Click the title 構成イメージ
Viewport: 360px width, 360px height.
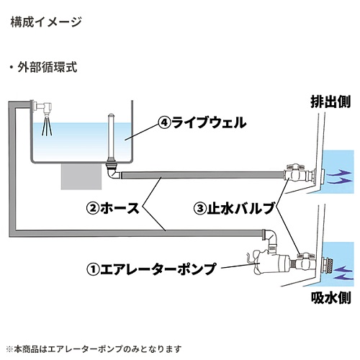[x=46, y=22]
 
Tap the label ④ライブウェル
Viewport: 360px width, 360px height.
[x=202, y=122]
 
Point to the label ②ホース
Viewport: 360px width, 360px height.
[x=113, y=208]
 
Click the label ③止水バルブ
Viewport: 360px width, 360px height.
[x=235, y=208]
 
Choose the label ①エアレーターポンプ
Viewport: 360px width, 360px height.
[x=151, y=269]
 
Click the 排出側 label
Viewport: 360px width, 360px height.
[x=330, y=102]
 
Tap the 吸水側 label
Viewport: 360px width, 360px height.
[x=331, y=297]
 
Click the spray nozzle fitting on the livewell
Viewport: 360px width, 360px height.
[x=45, y=107]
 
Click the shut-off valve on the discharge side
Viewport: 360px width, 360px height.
[x=295, y=174]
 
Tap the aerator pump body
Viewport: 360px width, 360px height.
[x=268, y=262]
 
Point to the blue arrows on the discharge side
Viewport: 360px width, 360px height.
[x=338, y=176]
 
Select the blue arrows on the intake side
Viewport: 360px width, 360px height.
[x=343, y=272]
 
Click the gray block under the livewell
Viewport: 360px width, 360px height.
[x=81, y=176]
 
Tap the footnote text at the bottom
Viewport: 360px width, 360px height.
[x=94, y=349]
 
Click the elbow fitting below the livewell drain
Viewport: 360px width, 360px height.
[x=113, y=172]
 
